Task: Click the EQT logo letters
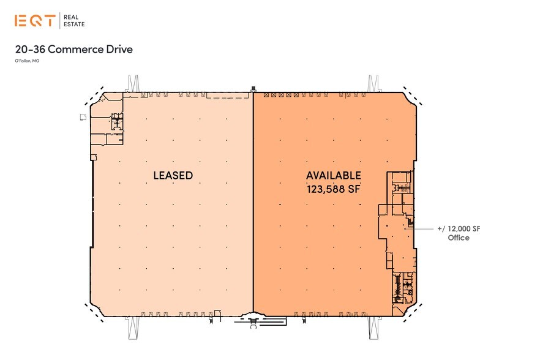tap(35, 21)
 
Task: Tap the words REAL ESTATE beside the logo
tap(74, 21)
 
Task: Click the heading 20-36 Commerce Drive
tap(74, 49)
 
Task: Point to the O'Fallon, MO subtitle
tap(27, 61)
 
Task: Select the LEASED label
tap(173, 175)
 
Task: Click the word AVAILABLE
tap(333, 175)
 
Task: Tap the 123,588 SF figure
tap(333, 189)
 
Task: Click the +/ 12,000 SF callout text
tap(459, 229)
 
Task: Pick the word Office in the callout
tap(459, 238)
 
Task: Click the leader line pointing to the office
tap(419, 228)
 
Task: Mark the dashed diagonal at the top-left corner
tap(94, 96)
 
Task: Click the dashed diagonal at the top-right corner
tap(413, 96)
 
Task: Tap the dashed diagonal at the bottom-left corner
tap(94, 313)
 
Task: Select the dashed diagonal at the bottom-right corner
tap(413, 313)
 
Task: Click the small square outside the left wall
tap(83, 117)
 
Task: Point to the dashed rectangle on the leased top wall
tap(228, 96)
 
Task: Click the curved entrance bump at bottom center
tap(253, 314)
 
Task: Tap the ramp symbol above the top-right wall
tap(373, 83)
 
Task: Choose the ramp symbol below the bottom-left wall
tap(133, 328)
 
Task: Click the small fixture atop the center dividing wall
tap(253, 89)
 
